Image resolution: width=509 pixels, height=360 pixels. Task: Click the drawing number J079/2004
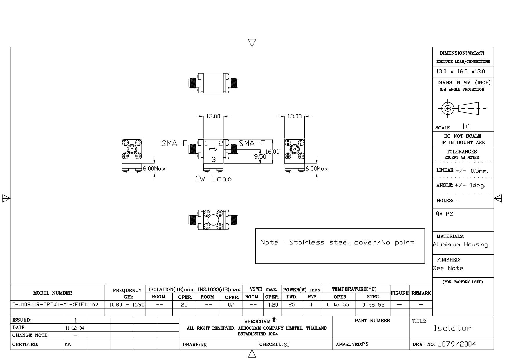pos(457,344)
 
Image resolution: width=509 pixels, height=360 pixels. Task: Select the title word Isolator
pos(452,328)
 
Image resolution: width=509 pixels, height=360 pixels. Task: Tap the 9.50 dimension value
pos(260,156)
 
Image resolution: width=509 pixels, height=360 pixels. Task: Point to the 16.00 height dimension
pos(272,152)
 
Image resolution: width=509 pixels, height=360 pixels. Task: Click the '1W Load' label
pos(214,179)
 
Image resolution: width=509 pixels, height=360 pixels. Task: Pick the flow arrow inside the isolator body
pos(213,149)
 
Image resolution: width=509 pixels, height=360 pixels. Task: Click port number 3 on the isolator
pos(214,159)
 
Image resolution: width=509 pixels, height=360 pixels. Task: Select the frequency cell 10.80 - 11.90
pos(127,305)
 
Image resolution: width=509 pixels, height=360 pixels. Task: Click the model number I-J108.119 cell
pos(55,305)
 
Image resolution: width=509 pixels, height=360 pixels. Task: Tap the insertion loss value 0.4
pos(231,305)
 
